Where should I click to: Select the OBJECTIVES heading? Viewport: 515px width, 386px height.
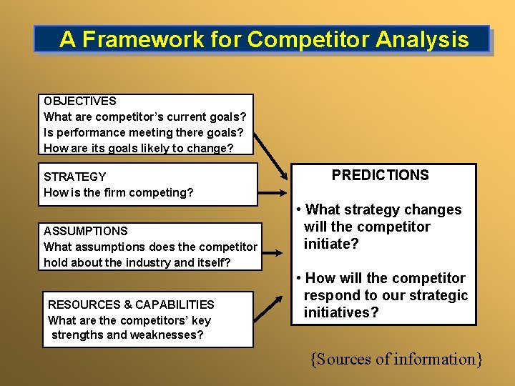[x=80, y=102]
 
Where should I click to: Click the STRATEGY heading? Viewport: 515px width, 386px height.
[x=74, y=177]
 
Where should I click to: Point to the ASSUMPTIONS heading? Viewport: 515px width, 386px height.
[x=85, y=231]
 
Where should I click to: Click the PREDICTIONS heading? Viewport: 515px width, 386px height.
[x=380, y=176]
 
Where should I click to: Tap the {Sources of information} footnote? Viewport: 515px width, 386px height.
[x=396, y=359]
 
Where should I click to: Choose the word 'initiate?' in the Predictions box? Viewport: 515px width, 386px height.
[x=331, y=244]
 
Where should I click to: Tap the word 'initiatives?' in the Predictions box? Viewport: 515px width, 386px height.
[x=341, y=312]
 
